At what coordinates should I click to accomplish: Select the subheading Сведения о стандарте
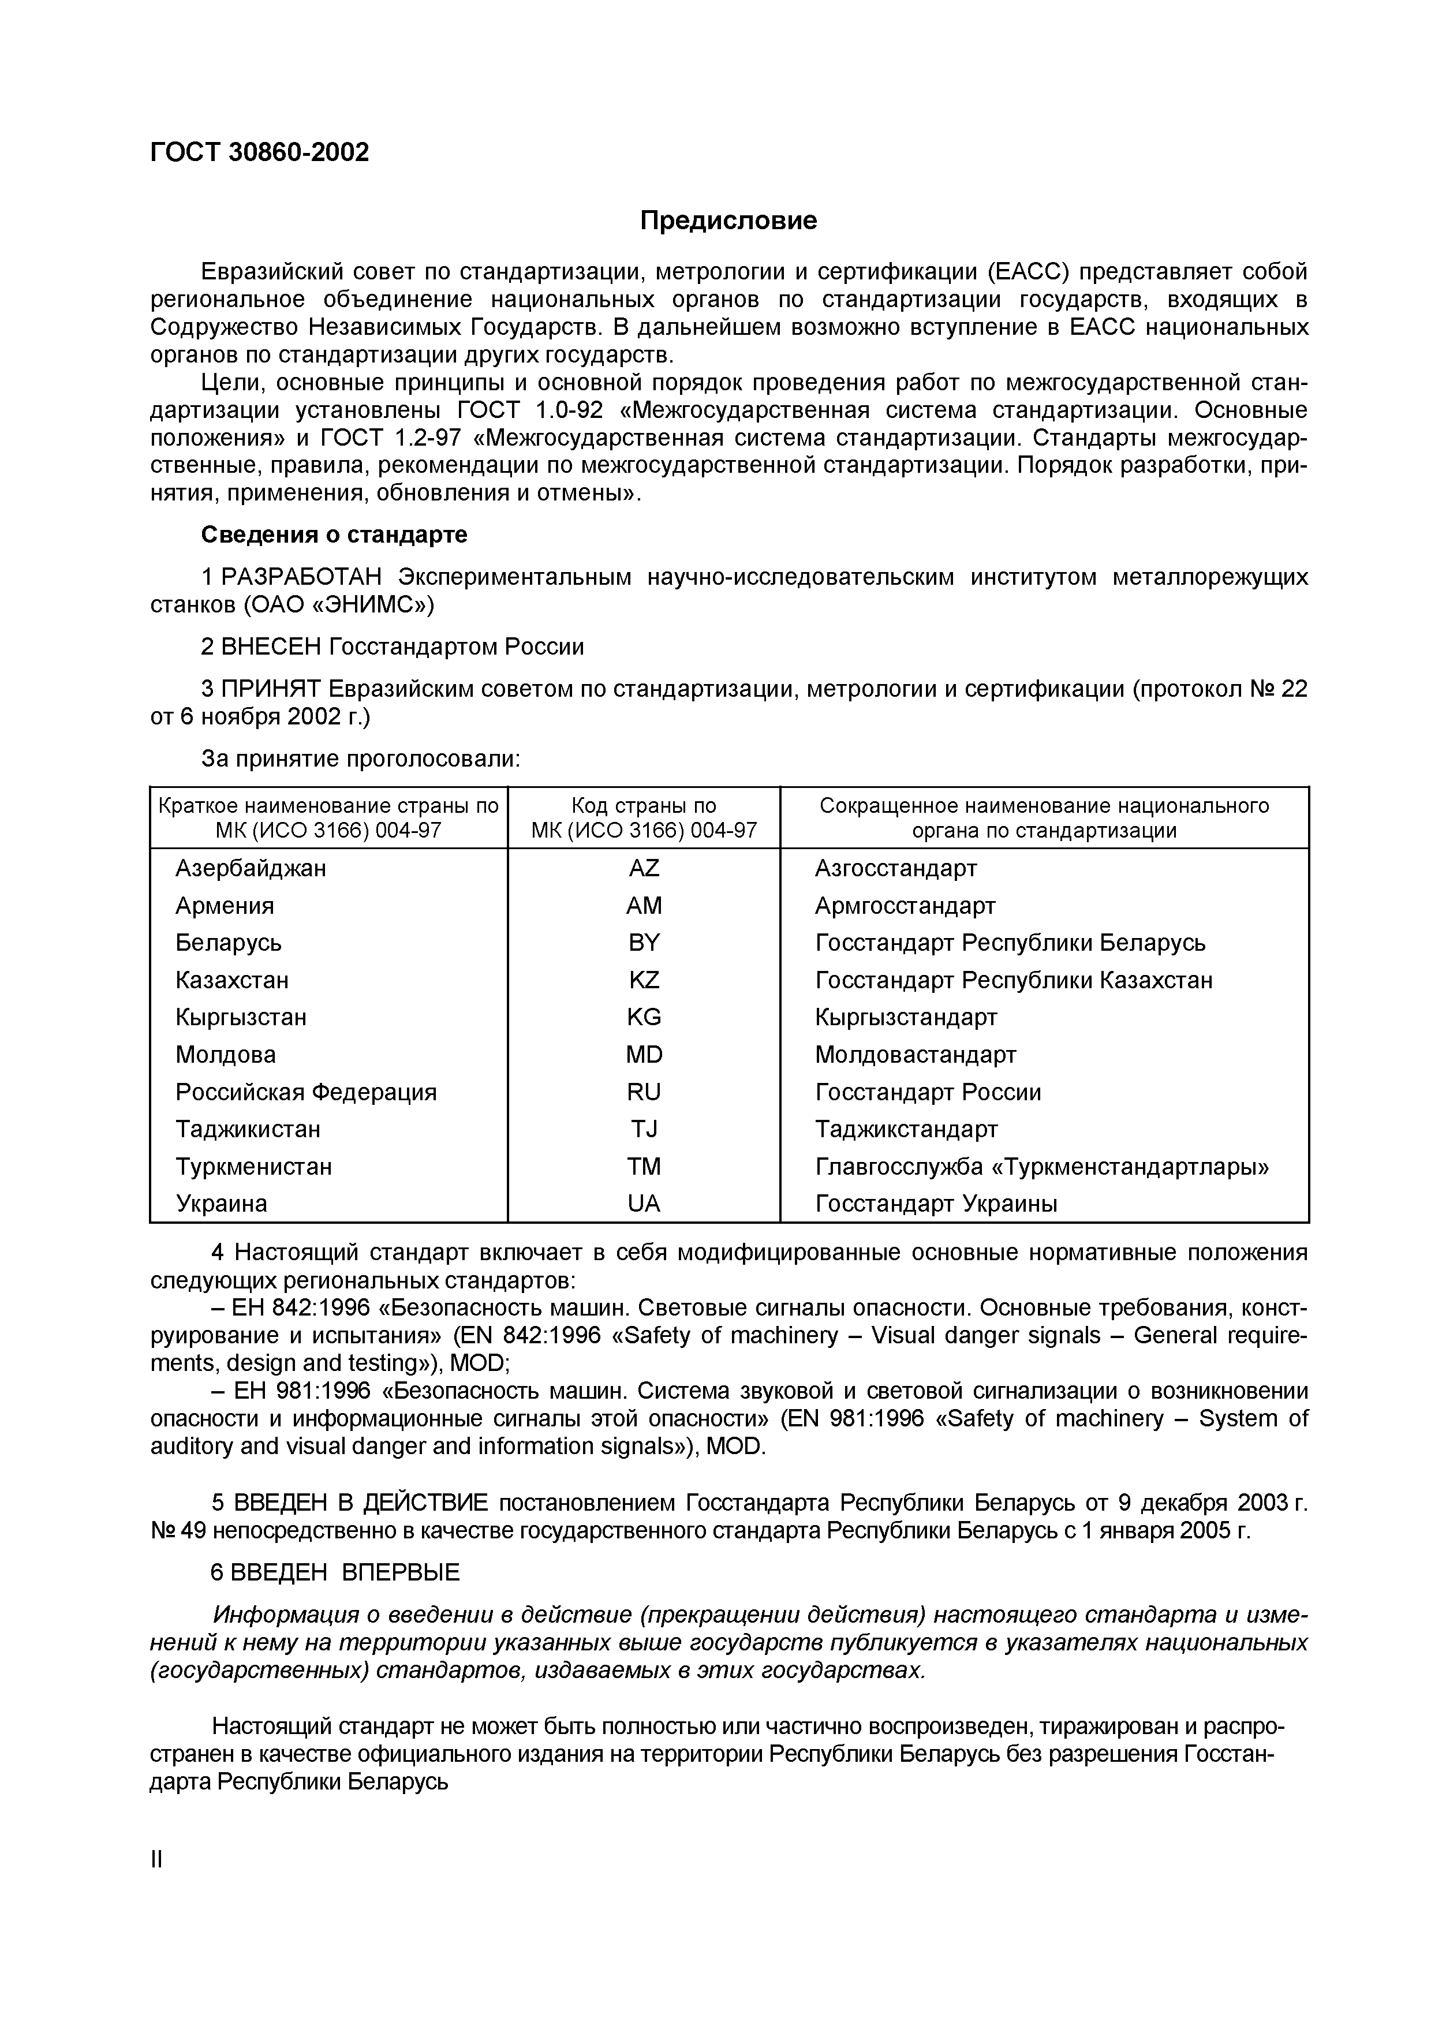[x=334, y=535]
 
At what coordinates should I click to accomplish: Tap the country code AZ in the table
[x=644, y=869]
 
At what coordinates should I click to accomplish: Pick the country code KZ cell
[x=644, y=980]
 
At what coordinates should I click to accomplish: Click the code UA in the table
[x=644, y=1203]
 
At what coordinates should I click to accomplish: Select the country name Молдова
[x=226, y=1055]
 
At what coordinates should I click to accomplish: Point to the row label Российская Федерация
[x=306, y=1092]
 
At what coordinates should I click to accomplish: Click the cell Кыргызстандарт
[x=906, y=1017]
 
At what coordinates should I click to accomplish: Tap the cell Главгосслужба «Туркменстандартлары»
[x=1042, y=1166]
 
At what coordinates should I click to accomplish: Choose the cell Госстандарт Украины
[x=936, y=1203]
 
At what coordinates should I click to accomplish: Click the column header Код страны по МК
[x=644, y=817]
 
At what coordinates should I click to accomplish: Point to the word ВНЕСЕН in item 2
[x=271, y=647]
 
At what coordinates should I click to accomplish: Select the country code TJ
[x=644, y=1129]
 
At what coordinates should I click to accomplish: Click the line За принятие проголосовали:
[x=361, y=759]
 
